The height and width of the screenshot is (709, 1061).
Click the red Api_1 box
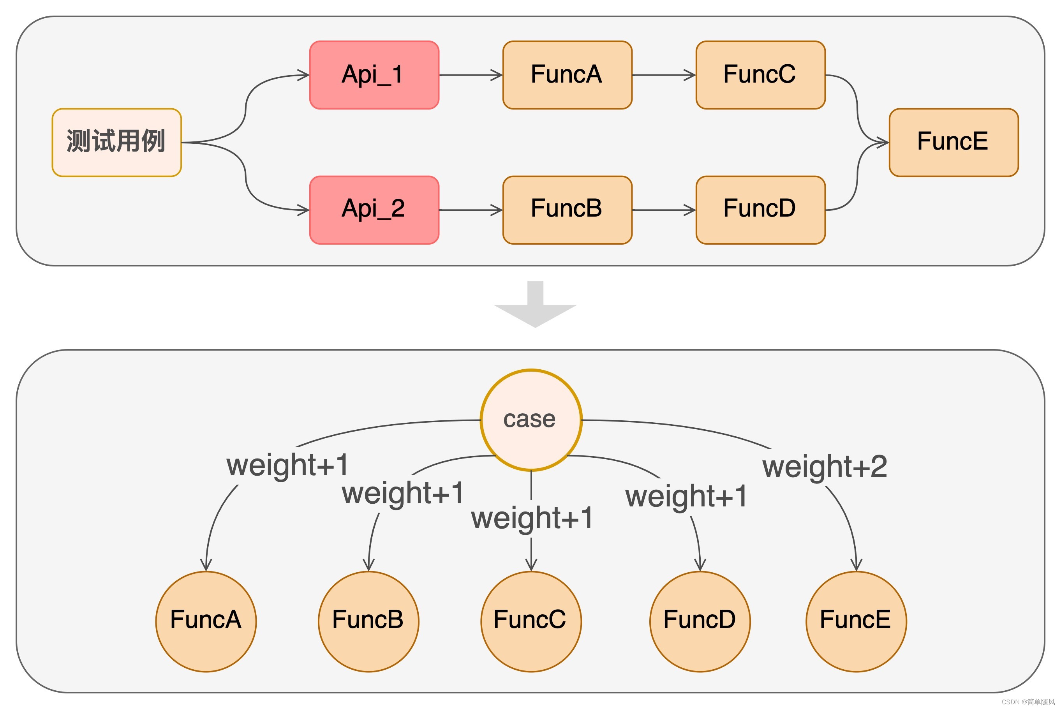[x=374, y=75]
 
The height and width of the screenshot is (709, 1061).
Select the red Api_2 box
[x=374, y=210]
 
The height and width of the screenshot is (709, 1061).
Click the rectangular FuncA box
[x=567, y=75]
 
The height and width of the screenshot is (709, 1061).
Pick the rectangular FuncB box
[x=567, y=210]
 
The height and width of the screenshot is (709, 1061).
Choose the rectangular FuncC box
[x=760, y=75]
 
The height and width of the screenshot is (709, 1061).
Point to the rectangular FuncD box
[x=760, y=210]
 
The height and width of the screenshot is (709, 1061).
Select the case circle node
[x=531, y=420]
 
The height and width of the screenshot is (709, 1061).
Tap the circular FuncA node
[x=206, y=621]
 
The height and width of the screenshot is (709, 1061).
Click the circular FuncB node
[x=368, y=621]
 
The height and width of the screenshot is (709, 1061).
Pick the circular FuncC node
[x=531, y=621]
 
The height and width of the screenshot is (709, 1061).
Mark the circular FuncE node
[x=856, y=621]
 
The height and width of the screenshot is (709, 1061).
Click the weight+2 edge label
[x=825, y=467]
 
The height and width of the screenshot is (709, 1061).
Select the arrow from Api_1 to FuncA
[x=470, y=75]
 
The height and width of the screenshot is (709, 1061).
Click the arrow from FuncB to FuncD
[x=663, y=210]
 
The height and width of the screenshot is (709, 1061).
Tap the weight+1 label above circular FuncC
[x=532, y=518]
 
